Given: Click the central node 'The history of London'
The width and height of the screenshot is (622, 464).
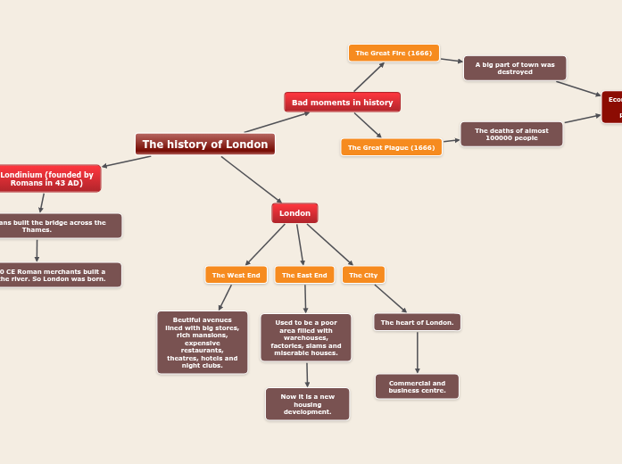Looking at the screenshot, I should [x=204, y=144].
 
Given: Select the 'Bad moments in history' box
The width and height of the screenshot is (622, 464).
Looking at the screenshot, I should [x=342, y=102].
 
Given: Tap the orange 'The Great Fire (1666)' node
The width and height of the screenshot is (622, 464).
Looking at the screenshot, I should [x=393, y=53].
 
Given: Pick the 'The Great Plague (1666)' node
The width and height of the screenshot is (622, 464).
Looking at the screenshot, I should [x=391, y=147].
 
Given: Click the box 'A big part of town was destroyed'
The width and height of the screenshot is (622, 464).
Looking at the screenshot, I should [x=514, y=68].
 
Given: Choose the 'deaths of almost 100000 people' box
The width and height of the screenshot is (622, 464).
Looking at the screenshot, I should [x=511, y=134].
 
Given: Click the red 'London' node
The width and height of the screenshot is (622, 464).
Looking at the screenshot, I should [x=294, y=213].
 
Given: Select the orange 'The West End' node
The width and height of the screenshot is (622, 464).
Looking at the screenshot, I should [x=236, y=275].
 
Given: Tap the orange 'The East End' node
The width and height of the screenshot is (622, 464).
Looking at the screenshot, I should [x=304, y=275].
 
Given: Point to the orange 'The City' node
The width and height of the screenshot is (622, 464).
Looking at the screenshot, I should [x=363, y=275].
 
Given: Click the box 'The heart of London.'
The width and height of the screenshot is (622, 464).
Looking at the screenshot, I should [x=417, y=322].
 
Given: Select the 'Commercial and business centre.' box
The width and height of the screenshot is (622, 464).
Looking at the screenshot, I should [x=416, y=386].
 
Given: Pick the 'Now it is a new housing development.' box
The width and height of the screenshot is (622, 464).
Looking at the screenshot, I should [x=307, y=403].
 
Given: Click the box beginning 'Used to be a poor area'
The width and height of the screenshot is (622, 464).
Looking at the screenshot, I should [x=305, y=337].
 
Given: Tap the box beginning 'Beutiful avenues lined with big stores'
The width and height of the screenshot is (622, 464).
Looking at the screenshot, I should [x=202, y=342].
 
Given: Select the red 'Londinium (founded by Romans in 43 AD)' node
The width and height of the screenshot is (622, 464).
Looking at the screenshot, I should [x=48, y=178].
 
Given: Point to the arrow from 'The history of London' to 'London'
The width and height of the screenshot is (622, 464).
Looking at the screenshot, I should [x=251, y=179].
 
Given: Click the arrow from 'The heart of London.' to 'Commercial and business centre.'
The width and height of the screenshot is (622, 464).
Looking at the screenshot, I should [x=417, y=352].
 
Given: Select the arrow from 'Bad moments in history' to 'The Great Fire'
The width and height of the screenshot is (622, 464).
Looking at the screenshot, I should [x=369, y=77].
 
